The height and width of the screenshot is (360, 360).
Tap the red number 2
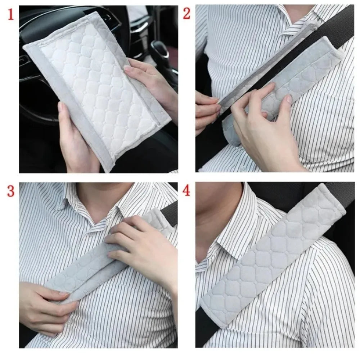(x=186, y=13)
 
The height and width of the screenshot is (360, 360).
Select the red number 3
(x=11, y=191)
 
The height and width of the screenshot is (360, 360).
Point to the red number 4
(x=186, y=191)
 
